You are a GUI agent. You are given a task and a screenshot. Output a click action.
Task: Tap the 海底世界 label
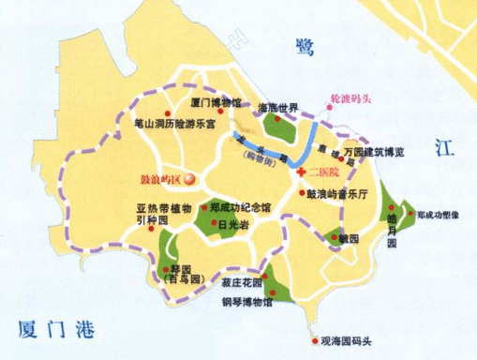(x=277, y=105)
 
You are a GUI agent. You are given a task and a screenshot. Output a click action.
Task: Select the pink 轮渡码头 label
(x=351, y=97)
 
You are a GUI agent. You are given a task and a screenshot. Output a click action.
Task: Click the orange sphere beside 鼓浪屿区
(x=190, y=177)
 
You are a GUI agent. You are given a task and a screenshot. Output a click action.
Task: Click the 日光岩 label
(x=232, y=225)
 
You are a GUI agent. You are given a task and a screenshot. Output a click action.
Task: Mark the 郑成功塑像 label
(x=438, y=214)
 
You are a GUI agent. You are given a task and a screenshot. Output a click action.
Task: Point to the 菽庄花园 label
(x=241, y=283)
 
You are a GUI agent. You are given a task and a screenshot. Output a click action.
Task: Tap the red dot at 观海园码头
(x=313, y=341)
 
